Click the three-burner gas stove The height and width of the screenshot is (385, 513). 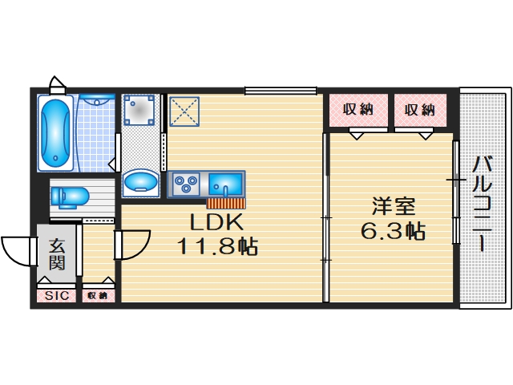(x=187, y=184)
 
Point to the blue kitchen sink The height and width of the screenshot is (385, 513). (x=225, y=184)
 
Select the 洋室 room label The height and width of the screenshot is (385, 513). (x=392, y=206)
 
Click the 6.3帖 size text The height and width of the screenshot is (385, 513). (x=392, y=232)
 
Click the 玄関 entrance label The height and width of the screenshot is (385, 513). (x=56, y=253)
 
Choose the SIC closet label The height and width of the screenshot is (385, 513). (x=56, y=296)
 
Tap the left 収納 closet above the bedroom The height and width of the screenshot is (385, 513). (x=358, y=110)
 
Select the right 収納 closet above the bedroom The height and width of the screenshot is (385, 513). (x=419, y=110)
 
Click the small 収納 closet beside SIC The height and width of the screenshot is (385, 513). (x=97, y=296)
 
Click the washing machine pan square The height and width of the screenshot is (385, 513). (x=142, y=113)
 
